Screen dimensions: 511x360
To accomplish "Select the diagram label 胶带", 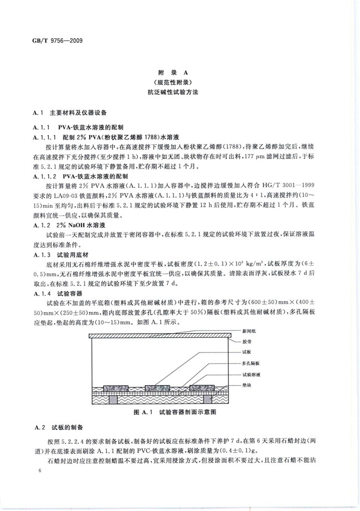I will tap(246, 341).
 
